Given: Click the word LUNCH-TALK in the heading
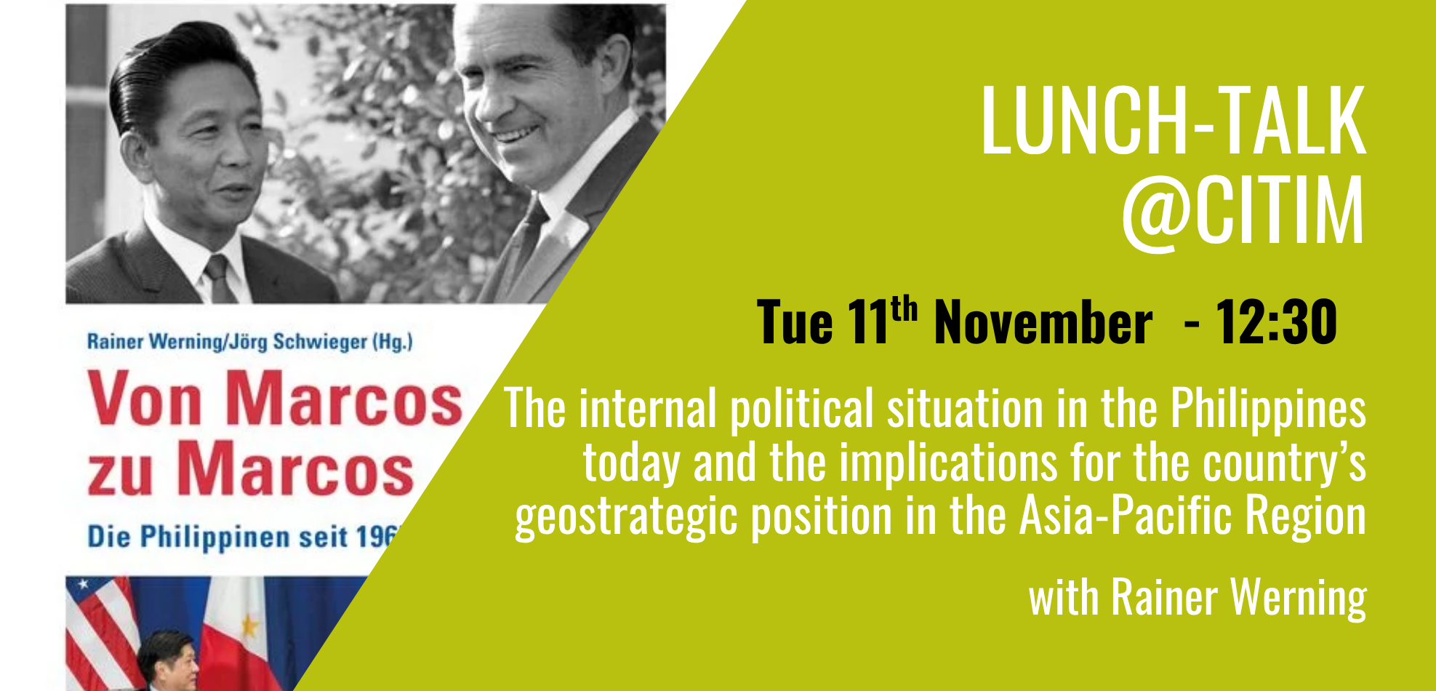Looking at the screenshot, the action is pos(1173,120).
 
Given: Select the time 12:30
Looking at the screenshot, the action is pos(1276,321).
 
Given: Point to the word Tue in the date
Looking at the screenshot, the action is pos(794,322).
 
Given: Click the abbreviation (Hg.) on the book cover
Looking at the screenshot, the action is pos(392,341).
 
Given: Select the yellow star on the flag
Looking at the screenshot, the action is pos(249,625).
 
